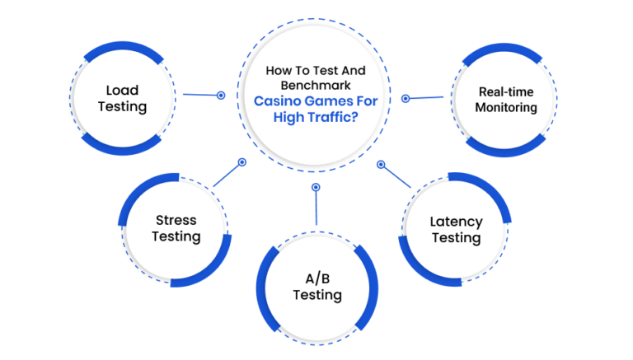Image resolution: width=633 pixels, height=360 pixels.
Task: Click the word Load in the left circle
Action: tap(122, 90)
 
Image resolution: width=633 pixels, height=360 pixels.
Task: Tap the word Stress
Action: tap(176, 220)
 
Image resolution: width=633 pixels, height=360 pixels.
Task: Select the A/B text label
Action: tap(317, 278)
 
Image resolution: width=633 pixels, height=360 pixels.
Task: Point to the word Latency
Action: tap(456, 222)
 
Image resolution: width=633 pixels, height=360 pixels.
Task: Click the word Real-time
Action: tap(506, 92)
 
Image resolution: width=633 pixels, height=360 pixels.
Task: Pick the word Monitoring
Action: tap(506, 107)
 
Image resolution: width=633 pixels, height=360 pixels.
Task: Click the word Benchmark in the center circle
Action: tap(316, 86)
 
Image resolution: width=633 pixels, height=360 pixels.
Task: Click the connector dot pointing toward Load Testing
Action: tap(221, 96)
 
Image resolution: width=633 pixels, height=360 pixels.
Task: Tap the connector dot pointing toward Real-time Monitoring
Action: tap(406, 99)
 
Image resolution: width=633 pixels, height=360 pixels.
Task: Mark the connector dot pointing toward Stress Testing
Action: tap(241, 162)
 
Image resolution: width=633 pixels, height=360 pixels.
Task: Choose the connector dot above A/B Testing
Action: tap(316, 187)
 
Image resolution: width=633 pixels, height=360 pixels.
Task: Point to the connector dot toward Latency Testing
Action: tap(381, 164)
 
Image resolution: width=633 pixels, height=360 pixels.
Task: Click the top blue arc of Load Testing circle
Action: tap(123, 47)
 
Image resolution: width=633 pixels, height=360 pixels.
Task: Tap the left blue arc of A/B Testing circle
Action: tap(261, 289)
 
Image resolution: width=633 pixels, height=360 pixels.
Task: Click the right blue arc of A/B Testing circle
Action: tap(373, 288)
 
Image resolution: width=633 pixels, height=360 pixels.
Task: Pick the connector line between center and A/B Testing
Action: tap(316, 208)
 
